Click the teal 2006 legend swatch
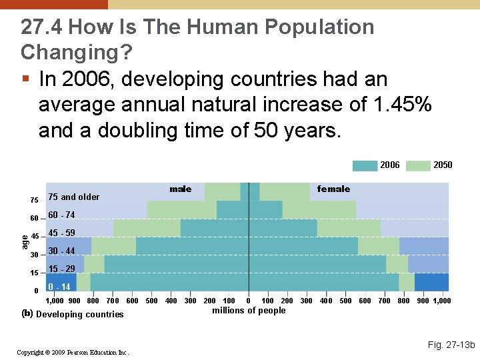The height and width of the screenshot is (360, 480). pyautogui.click(x=365, y=165)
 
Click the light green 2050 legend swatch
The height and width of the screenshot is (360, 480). pyautogui.click(x=418, y=165)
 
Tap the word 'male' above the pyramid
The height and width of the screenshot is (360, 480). pyautogui.click(x=180, y=189)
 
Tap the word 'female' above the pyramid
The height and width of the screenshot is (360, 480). pyautogui.click(x=333, y=189)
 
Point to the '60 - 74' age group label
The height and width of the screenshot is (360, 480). pyautogui.click(x=61, y=215)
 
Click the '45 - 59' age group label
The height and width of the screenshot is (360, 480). pyautogui.click(x=61, y=233)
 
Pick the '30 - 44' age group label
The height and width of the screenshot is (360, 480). pyautogui.click(x=61, y=251)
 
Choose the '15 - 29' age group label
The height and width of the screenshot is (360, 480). pyautogui.click(x=61, y=269)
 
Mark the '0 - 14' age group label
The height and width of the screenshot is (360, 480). pyautogui.click(x=59, y=287)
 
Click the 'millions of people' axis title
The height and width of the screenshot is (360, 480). pyautogui.click(x=249, y=311)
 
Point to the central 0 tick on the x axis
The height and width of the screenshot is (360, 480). pyautogui.click(x=249, y=301)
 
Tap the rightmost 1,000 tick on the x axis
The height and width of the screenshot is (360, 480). pyautogui.click(x=442, y=301)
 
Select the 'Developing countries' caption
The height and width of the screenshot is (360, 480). pyautogui.click(x=80, y=315)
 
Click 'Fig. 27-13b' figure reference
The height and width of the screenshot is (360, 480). pyautogui.click(x=451, y=345)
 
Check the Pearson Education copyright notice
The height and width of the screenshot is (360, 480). pyautogui.click(x=73, y=352)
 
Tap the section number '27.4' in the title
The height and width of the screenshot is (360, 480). pyautogui.click(x=42, y=27)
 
